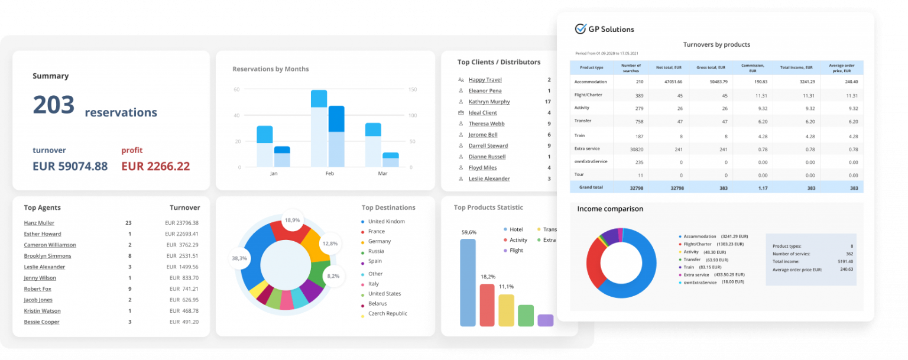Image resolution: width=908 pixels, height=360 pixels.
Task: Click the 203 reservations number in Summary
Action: pyautogui.click(x=54, y=105)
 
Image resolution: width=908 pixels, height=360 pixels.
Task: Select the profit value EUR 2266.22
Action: pyautogui.click(x=155, y=167)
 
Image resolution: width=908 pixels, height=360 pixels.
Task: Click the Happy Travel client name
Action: pyautogui.click(x=485, y=80)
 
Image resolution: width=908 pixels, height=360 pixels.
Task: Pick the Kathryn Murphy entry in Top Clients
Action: pyautogui.click(x=489, y=102)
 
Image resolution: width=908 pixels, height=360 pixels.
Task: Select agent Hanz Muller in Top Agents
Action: pyautogui.click(x=39, y=223)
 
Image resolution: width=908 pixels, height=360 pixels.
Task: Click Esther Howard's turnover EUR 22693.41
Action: pyautogui.click(x=181, y=234)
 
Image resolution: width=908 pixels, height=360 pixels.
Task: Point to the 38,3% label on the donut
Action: pyautogui.click(x=239, y=258)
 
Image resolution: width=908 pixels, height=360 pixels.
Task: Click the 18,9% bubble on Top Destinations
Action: pyautogui.click(x=292, y=220)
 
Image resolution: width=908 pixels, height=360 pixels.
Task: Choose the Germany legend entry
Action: pyautogui.click(x=379, y=241)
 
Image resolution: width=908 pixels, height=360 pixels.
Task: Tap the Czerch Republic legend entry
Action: pyautogui.click(x=387, y=313)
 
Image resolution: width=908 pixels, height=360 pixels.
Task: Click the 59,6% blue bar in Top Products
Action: pyautogui.click(x=468, y=282)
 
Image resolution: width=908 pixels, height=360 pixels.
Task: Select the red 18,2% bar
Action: pyautogui.click(x=487, y=304)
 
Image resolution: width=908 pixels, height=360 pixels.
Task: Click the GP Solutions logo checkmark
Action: pyautogui.click(x=580, y=29)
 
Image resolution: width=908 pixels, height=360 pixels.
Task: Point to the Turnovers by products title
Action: pyautogui.click(x=716, y=45)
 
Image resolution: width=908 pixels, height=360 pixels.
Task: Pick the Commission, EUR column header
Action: pyautogui.click(x=753, y=67)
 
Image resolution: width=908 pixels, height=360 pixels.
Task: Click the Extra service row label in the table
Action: pyautogui.click(x=587, y=148)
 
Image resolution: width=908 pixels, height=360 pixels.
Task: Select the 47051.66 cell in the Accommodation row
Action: pyautogui.click(x=673, y=82)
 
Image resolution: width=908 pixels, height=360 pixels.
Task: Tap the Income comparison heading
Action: pyautogui.click(x=610, y=209)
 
